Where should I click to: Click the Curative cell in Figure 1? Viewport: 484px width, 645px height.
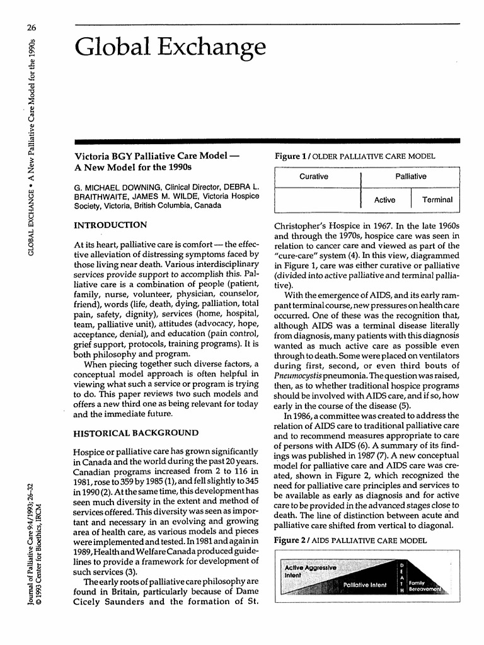pyautogui.click(x=313, y=176)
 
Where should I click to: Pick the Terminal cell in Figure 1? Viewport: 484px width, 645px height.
pyautogui.click(x=437, y=200)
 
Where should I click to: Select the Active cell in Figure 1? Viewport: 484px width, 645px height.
pyautogui.click(x=384, y=200)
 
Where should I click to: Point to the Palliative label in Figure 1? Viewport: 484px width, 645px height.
pyautogui.click(x=410, y=176)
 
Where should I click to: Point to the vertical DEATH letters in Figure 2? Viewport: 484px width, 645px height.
pyautogui.click(x=401, y=581)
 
